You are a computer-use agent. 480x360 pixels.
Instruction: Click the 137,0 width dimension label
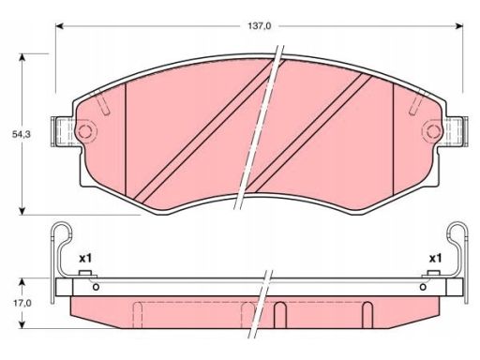pyautogui.click(x=260, y=26)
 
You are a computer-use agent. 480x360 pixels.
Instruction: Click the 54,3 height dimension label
pyautogui.click(x=22, y=134)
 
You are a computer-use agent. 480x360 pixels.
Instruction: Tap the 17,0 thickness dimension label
pyautogui.click(x=22, y=303)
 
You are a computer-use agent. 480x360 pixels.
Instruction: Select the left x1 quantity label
pyautogui.click(x=85, y=259)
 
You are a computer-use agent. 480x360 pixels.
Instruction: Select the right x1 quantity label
pyautogui.click(x=435, y=259)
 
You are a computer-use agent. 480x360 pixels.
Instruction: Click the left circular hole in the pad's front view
pyautogui.click(x=86, y=131)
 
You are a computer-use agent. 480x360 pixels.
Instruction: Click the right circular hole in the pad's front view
pyautogui.click(x=432, y=131)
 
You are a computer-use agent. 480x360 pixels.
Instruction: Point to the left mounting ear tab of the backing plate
pyautogui.click(x=63, y=131)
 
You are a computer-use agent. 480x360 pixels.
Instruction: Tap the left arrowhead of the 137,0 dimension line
pyautogui.click(x=59, y=26)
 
